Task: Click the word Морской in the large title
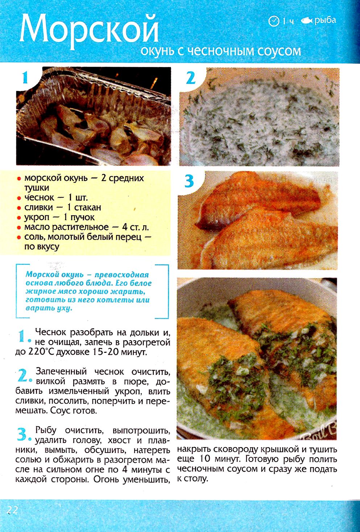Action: click(x=89, y=32)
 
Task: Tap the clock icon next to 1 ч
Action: click(x=274, y=21)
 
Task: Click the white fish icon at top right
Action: click(x=307, y=21)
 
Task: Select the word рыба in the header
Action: click(x=326, y=21)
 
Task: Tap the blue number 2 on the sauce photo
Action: click(x=190, y=78)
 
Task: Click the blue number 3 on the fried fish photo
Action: click(x=189, y=181)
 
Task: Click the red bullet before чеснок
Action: click(x=19, y=198)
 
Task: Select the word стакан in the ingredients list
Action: click(x=88, y=207)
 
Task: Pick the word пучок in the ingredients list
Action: click(x=82, y=217)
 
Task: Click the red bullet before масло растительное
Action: click(x=19, y=228)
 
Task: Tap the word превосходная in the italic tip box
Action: click(x=121, y=275)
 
